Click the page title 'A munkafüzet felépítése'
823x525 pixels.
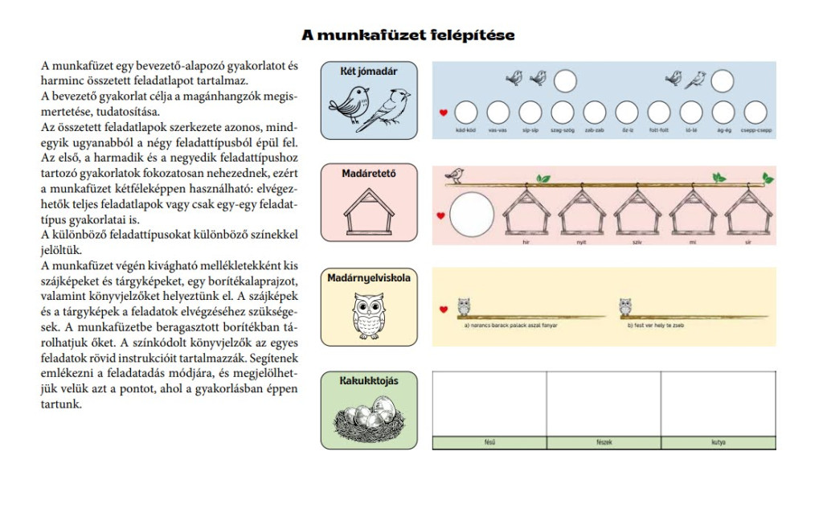coord(407,35)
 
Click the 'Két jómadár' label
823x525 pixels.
coord(370,72)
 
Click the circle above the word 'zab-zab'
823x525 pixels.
coord(595,112)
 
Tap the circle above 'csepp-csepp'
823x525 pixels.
coord(755,112)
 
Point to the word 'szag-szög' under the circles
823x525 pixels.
coord(563,130)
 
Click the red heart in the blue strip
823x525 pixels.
coord(442,113)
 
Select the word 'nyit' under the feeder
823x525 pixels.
coord(581,240)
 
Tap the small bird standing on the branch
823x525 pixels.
coord(457,174)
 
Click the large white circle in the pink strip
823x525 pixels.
coord(472,216)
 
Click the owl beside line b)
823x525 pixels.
coord(625,306)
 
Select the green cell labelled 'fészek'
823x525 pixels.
coord(604,443)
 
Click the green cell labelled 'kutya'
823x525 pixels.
coord(719,443)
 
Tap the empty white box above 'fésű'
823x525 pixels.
coord(489,404)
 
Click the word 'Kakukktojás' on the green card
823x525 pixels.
coord(370,381)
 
